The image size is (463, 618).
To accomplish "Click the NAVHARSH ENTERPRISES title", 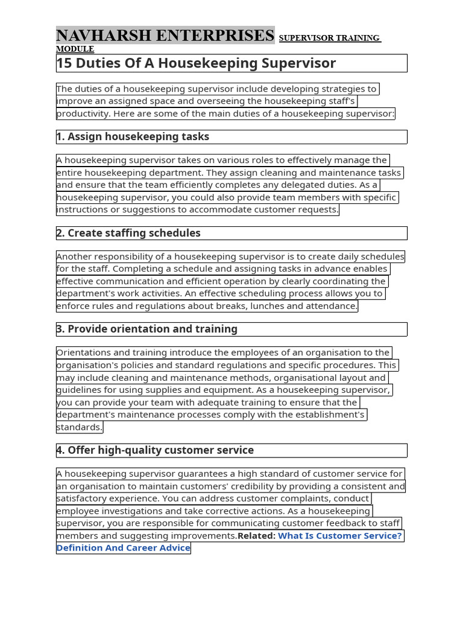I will click(x=165, y=36).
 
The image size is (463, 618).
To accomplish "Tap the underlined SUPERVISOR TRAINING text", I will click(x=329, y=39).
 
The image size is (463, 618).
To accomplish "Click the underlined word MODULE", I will click(x=75, y=49).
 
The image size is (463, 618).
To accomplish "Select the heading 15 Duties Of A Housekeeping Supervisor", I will click(x=196, y=63).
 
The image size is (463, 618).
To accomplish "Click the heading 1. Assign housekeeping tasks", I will click(x=133, y=137).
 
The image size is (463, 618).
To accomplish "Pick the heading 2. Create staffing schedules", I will click(x=128, y=233).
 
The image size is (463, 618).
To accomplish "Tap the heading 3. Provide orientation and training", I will click(x=146, y=330).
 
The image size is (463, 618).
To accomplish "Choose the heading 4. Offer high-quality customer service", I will click(x=155, y=450).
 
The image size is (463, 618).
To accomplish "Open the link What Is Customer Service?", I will click(x=339, y=536).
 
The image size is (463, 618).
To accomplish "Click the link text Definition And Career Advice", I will click(x=124, y=548).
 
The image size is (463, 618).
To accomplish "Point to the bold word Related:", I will click(x=257, y=536).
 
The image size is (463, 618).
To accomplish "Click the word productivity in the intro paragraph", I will click(x=83, y=113).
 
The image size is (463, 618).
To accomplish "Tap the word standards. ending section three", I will click(x=80, y=427).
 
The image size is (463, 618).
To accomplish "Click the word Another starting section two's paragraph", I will click(x=75, y=257).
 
